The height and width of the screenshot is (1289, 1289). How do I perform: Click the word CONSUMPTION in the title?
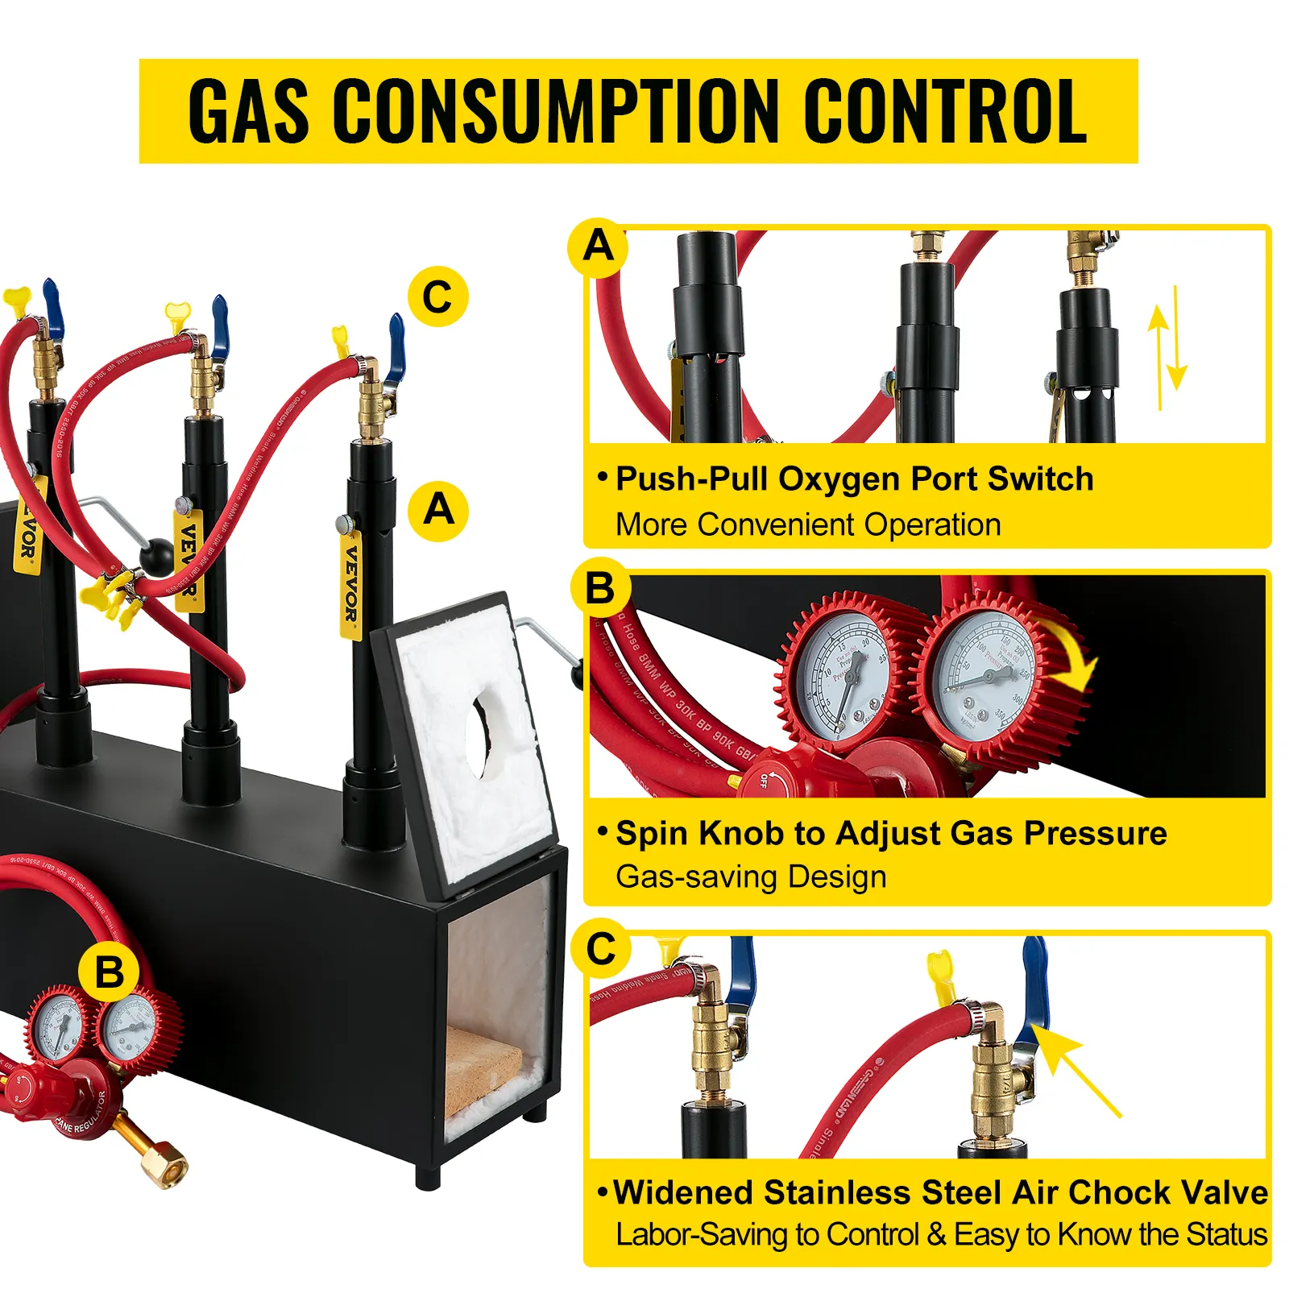pyautogui.click(x=556, y=111)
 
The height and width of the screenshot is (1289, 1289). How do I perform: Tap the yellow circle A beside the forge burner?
pyautogui.click(x=438, y=511)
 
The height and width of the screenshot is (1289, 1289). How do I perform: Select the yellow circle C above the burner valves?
pyautogui.click(x=437, y=297)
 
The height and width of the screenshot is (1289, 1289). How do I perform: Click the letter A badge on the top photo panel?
pyautogui.click(x=598, y=247)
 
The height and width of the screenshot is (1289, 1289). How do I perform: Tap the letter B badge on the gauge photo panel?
pyautogui.click(x=600, y=587)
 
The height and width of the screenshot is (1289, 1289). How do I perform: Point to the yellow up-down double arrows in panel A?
pyautogui.click(x=1167, y=346)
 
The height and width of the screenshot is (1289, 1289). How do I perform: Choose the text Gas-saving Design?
pyautogui.click(x=751, y=877)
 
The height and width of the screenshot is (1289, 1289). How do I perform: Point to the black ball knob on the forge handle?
pyautogui.click(x=156, y=556)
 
